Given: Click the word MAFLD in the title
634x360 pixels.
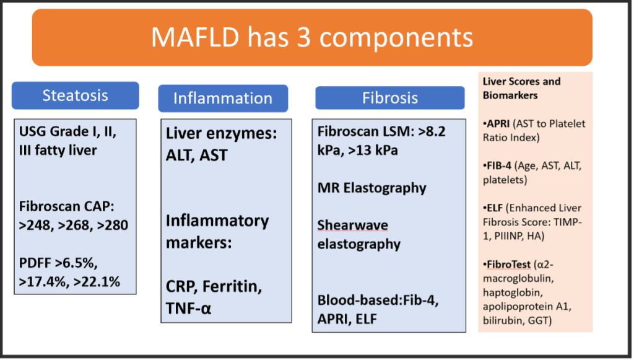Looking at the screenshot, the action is (195, 37).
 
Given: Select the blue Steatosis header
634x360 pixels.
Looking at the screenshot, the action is (75, 95).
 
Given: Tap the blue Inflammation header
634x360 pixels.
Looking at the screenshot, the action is (223, 99).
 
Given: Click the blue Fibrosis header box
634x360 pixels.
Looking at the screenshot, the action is (390, 98).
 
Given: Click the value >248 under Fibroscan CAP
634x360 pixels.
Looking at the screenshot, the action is (36, 226).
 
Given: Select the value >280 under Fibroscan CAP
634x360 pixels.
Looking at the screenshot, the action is (111, 226).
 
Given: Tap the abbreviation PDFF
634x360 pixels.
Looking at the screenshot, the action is (35, 263).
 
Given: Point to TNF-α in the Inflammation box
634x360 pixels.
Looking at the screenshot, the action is (188, 309).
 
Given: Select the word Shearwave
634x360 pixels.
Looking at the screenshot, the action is (352, 226).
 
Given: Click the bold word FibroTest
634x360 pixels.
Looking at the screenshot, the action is (509, 265).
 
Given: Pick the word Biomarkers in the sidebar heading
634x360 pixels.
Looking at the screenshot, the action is (510, 95).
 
